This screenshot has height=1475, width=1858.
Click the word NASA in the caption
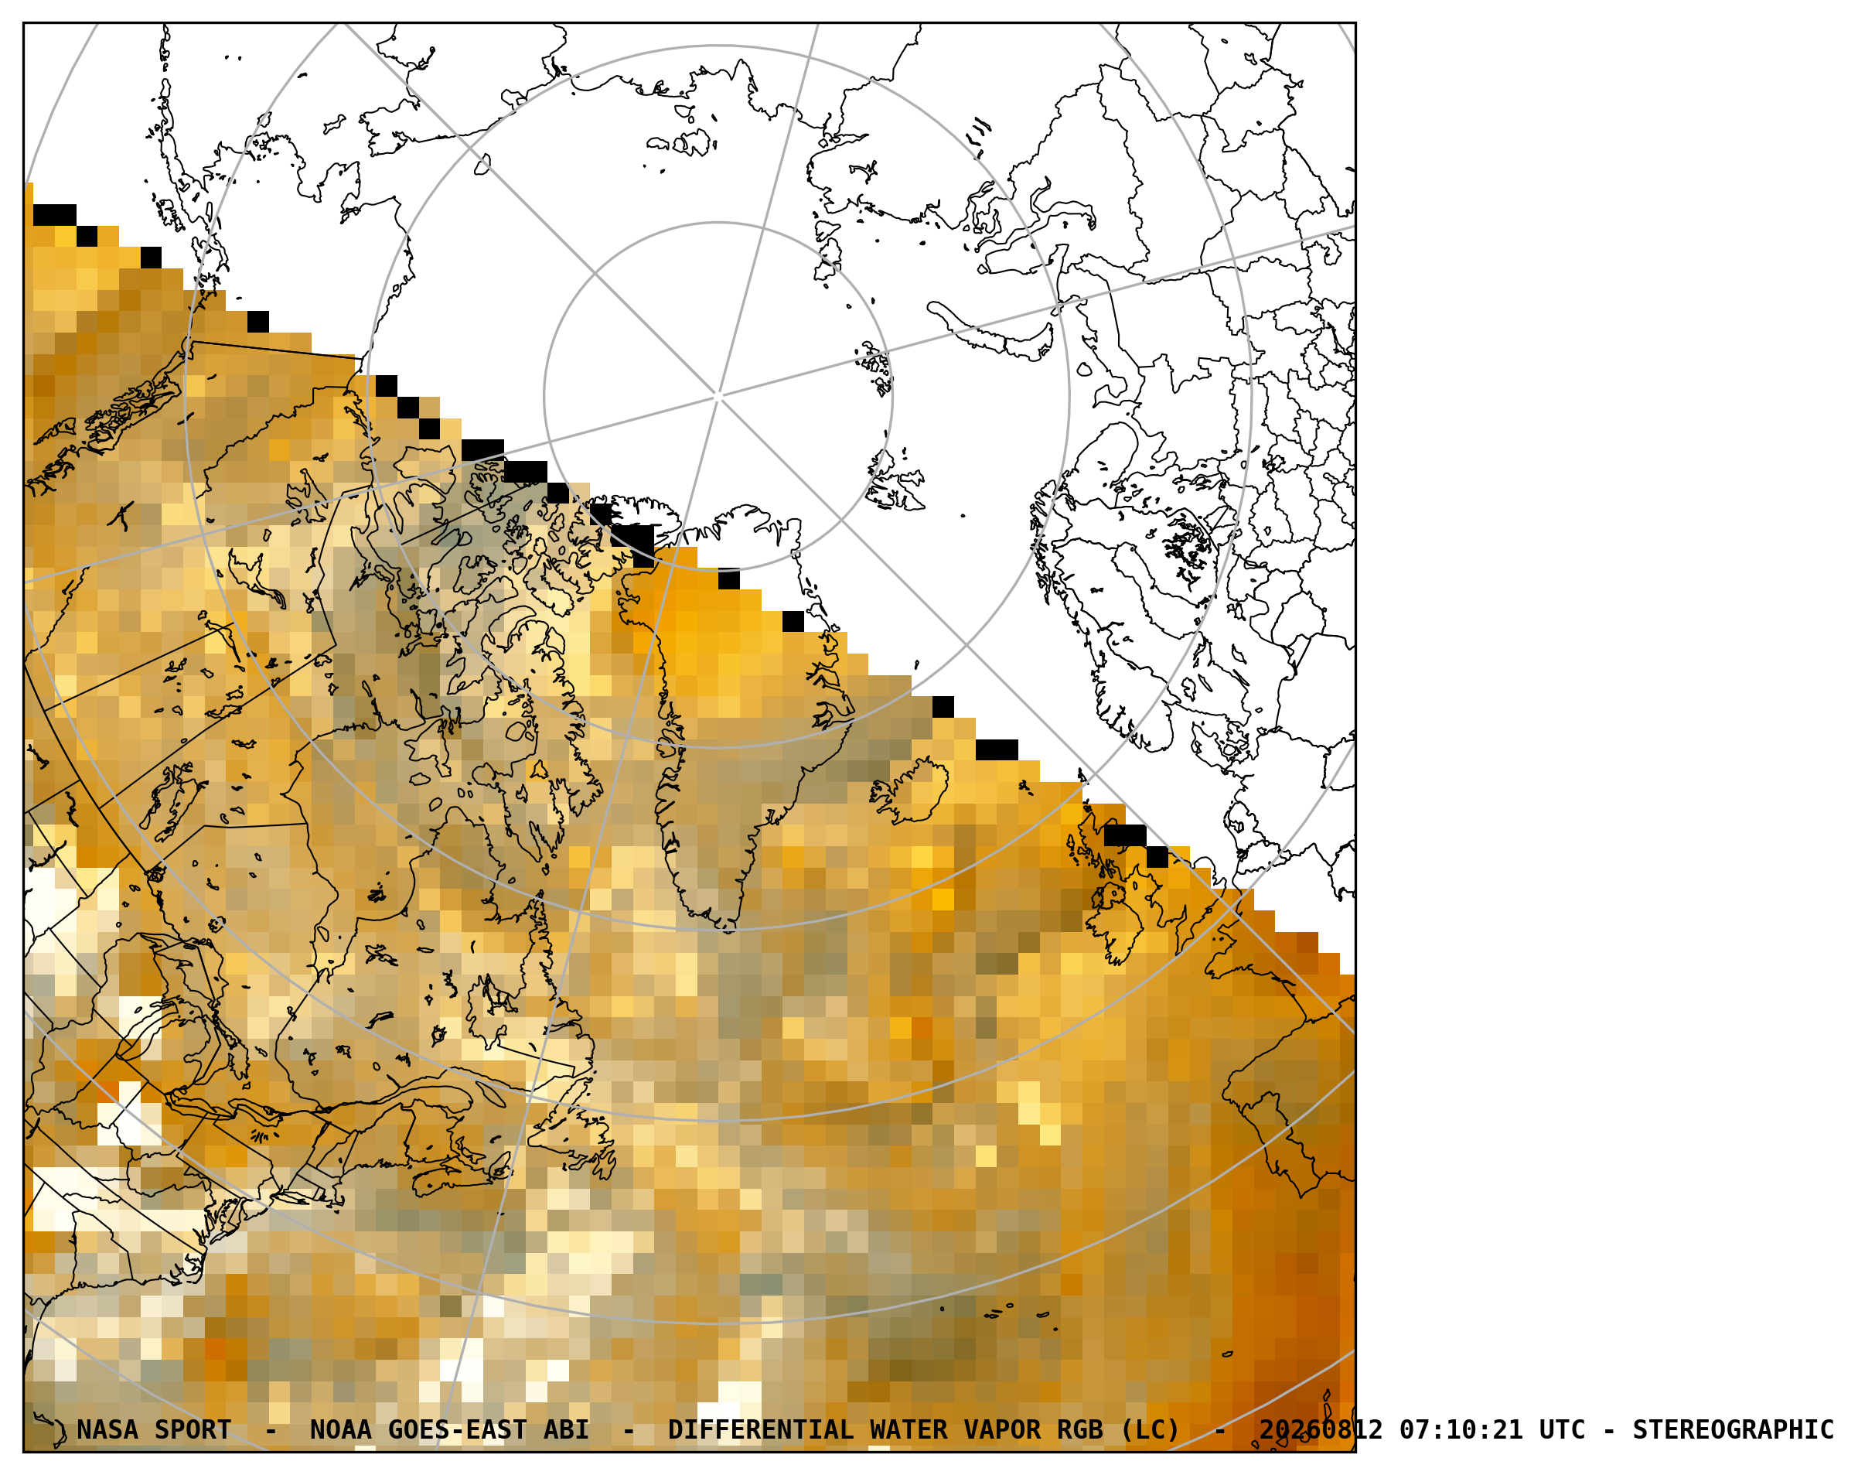(x=107, y=1430)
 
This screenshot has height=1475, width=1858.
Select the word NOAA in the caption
(x=340, y=1430)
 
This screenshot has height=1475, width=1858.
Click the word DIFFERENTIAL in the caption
(x=760, y=1430)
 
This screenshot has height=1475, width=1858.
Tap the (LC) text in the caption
(x=1150, y=1430)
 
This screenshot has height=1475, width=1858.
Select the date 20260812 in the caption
(x=1321, y=1430)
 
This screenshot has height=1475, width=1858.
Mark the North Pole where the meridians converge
(x=718, y=397)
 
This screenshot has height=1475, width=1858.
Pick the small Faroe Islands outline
(x=1024, y=787)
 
